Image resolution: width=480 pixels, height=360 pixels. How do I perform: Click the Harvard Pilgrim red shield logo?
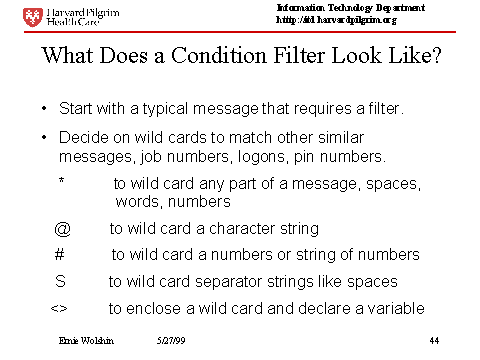pyautogui.click(x=33, y=17)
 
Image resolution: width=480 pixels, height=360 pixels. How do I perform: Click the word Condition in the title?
pyautogui.click(x=219, y=55)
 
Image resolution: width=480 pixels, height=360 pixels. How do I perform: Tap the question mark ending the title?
pyautogui.click(x=435, y=55)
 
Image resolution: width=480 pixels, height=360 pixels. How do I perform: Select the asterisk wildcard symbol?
pyautogui.click(x=61, y=180)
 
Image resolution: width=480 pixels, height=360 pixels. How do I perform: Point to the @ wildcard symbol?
pyautogui.click(x=62, y=229)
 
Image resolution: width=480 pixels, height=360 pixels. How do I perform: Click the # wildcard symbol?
pyautogui.click(x=59, y=255)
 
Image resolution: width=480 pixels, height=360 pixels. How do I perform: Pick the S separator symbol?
pyautogui.click(x=60, y=281)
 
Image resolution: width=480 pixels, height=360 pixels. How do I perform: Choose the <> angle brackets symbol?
pyautogui.click(x=59, y=309)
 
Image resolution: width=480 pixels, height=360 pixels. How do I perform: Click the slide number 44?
pyautogui.click(x=434, y=340)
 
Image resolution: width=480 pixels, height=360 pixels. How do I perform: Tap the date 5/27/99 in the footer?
pyautogui.click(x=171, y=340)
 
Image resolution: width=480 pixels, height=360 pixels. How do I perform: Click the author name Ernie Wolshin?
pyautogui.click(x=86, y=340)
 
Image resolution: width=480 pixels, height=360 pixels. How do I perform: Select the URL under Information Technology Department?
pyautogui.click(x=336, y=20)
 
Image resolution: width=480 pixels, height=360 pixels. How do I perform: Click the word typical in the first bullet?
pyautogui.click(x=165, y=109)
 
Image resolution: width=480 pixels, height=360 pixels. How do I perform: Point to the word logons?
pyautogui.click(x=263, y=157)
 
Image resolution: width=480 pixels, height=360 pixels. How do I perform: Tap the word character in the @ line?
pyautogui.click(x=242, y=229)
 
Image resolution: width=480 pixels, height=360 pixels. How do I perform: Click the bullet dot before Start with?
pyautogui.click(x=44, y=108)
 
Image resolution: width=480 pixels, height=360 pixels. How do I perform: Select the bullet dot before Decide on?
pyautogui.click(x=44, y=137)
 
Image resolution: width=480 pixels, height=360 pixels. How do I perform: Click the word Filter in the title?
pyautogui.click(x=299, y=55)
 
